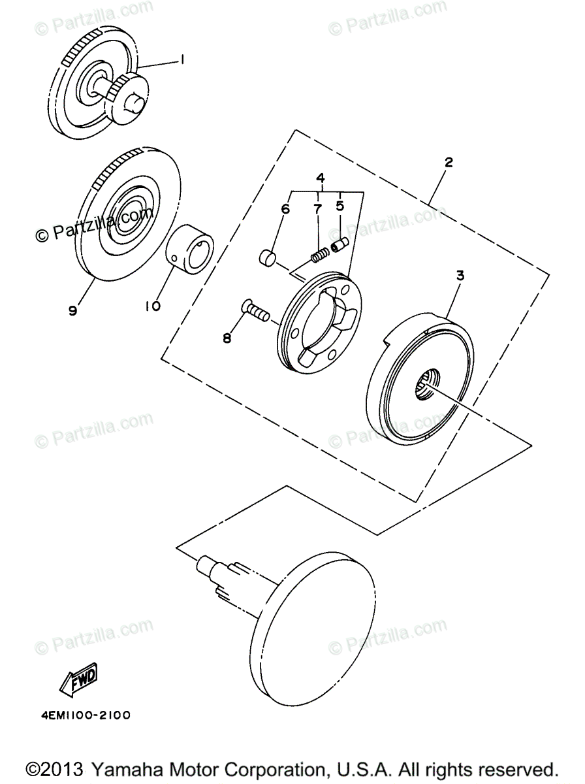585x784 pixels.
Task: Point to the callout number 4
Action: pyautogui.click(x=321, y=178)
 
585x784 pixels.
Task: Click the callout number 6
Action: pyautogui.click(x=285, y=209)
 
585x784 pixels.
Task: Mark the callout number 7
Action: pyautogui.click(x=318, y=209)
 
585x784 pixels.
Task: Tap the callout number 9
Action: pyautogui.click(x=72, y=310)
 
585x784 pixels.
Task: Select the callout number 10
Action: pyautogui.click(x=153, y=305)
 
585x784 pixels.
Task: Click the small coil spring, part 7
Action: pyautogui.click(x=319, y=255)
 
